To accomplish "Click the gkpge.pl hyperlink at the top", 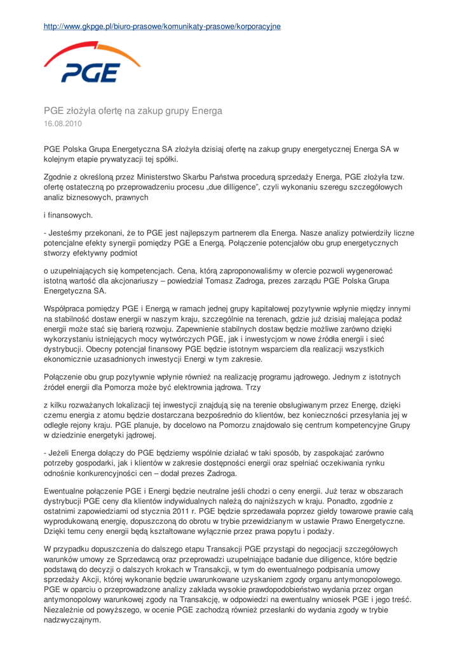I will point(162,26).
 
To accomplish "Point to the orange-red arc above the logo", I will point(95,50).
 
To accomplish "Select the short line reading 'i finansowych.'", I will point(68,216).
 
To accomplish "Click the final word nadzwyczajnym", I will point(72,619).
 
